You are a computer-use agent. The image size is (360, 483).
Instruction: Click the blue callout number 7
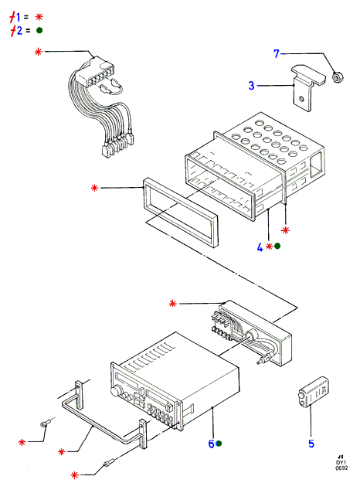tap(277, 53)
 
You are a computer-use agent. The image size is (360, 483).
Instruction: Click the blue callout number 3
tap(252, 85)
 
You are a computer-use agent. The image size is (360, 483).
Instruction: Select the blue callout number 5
tap(311, 444)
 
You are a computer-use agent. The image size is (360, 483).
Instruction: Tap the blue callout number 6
tap(211, 444)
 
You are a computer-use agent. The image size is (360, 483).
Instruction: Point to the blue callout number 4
tap(260, 247)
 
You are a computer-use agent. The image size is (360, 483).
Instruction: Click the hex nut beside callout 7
tap(338, 77)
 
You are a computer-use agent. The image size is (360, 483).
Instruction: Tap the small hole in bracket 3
tap(301, 99)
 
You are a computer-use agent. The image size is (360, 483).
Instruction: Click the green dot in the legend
tap(39, 30)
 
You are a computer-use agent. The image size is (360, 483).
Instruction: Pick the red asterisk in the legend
tap(39, 17)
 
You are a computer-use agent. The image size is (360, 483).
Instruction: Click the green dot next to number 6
tap(219, 444)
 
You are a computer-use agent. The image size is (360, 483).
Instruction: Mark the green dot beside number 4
tap(277, 246)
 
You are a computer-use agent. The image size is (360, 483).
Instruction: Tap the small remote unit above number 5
tap(313, 392)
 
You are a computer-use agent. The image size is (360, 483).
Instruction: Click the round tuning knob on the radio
tap(115, 392)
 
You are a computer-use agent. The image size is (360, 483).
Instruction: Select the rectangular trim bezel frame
tap(181, 213)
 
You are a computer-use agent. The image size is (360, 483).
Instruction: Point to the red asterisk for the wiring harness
tap(38, 52)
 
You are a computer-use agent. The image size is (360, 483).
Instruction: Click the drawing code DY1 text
tap(341, 462)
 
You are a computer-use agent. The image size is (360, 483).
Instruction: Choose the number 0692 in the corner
tap(341, 468)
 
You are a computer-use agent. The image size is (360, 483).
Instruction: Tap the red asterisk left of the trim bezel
tap(94, 188)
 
